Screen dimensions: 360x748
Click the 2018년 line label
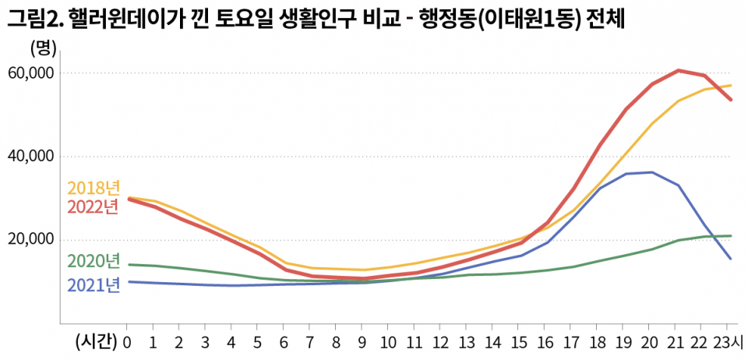[x=93, y=188]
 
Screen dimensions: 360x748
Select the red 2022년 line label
[x=93, y=207]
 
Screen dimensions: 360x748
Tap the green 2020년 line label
[x=93, y=261]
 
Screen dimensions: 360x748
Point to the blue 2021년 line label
[x=93, y=285]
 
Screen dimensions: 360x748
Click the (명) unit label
[x=43, y=48]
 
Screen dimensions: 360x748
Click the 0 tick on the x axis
[x=127, y=341]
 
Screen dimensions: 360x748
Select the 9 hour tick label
[x=362, y=341]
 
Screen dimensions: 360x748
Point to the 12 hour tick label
[x=442, y=341]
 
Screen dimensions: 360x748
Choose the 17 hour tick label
[x=573, y=341]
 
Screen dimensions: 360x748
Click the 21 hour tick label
[x=678, y=341]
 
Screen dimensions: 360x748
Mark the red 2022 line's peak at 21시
[x=679, y=70]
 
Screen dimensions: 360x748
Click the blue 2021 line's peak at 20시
[x=652, y=172]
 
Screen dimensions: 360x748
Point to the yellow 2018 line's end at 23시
[x=730, y=86]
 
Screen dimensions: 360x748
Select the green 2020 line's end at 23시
[x=730, y=235]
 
